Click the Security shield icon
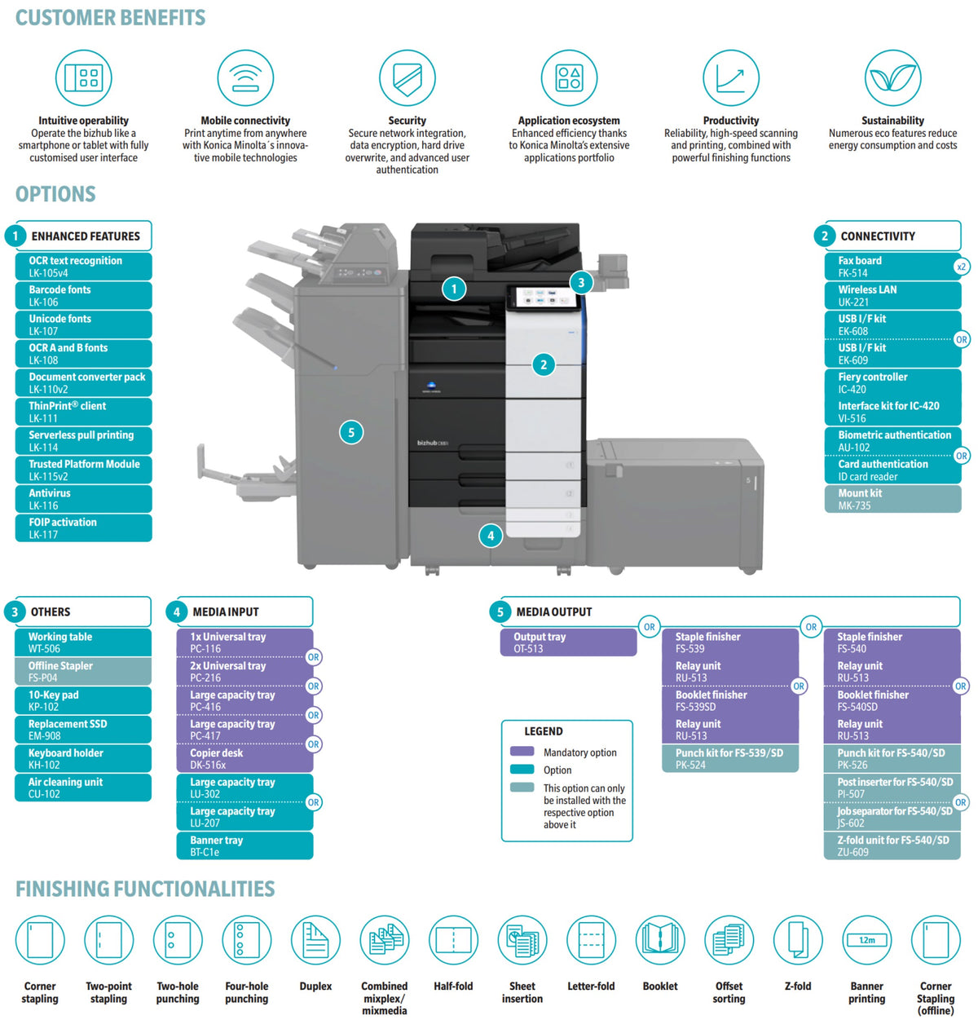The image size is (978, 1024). pos(407,78)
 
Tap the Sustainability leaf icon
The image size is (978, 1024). pos(892,78)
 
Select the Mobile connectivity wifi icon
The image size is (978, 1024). pos(245,78)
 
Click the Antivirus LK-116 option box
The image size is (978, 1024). pos(84,499)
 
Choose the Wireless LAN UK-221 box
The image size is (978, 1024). pos(892,295)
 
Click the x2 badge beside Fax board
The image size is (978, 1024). pos(961,267)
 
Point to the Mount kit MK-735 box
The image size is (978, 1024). pos(892,499)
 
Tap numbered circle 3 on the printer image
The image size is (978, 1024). pos(581,283)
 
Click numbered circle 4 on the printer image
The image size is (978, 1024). pos(491,536)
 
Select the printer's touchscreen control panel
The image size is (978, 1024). pos(544,298)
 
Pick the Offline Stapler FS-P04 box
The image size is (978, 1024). pos(83,672)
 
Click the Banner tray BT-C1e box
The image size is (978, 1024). pos(244,845)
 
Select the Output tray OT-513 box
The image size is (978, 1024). pos(568,642)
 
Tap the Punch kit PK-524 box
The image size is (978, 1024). pos(730,758)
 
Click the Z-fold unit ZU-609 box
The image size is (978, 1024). pos(892,845)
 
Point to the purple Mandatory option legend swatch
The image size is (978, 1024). pos(522,752)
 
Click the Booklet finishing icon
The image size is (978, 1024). pos(659,940)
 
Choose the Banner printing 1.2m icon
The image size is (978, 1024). pos(866,940)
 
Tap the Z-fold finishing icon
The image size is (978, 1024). pos(798,940)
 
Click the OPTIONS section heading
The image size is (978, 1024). pos(55,194)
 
